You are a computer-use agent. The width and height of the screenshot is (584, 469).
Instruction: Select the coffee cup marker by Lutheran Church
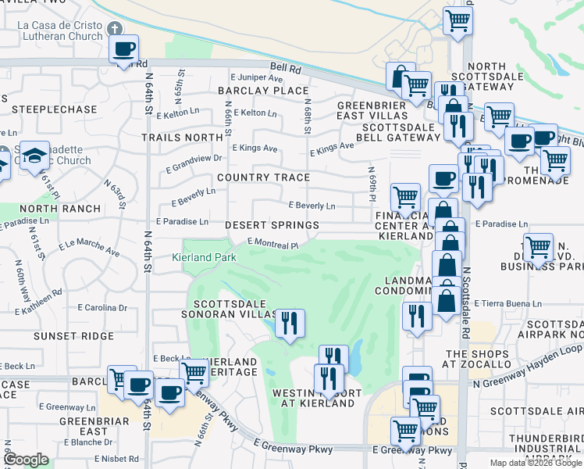pyautogui.click(x=123, y=49)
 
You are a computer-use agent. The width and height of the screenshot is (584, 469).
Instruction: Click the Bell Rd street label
pyautogui.click(x=286, y=69)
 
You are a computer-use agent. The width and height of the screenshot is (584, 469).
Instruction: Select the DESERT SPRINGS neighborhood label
pyautogui.click(x=272, y=225)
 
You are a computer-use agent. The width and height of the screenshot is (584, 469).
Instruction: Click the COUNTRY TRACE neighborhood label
pyautogui.click(x=263, y=177)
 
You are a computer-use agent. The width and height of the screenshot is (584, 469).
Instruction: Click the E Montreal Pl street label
pyautogui.click(x=272, y=244)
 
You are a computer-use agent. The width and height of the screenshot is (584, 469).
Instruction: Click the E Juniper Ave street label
pyautogui.click(x=256, y=78)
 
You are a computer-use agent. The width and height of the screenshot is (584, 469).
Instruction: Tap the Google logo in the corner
pyautogui.click(x=26, y=460)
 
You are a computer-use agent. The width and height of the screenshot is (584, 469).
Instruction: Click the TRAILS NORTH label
pyautogui.click(x=182, y=138)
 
